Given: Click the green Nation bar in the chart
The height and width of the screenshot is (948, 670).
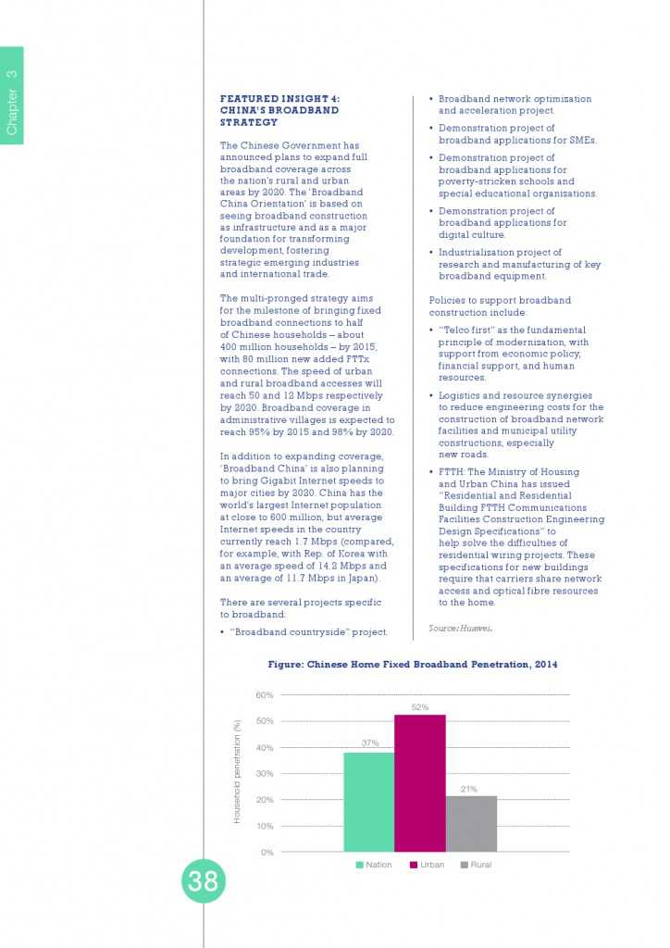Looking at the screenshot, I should click(x=368, y=802).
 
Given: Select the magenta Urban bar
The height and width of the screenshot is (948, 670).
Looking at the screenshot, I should click(x=419, y=782).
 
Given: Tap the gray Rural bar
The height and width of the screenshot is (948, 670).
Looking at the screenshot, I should click(x=471, y=823).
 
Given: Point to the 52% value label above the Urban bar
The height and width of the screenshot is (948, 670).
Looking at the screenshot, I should click(x=419, y=707).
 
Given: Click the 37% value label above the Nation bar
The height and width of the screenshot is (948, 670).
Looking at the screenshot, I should click(x=369, y=743).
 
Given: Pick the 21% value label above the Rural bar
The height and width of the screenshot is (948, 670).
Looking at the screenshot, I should click(x=469, y=789).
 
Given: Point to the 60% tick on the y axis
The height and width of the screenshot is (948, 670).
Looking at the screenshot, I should click(x=265, y=695).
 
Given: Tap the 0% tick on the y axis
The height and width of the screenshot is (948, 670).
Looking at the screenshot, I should click(x=267, y=852).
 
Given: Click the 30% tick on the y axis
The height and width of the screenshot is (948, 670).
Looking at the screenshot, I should click(x=265, y=774).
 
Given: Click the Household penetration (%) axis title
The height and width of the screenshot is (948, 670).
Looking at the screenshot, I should click(x=237, y=772).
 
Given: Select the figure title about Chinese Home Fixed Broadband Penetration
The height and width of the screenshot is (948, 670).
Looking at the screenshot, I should click(x=413, y=665).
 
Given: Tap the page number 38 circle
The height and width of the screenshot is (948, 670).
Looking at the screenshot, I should click(x=203, y=881).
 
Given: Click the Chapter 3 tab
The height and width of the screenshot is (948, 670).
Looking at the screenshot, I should click(x=12, y=96).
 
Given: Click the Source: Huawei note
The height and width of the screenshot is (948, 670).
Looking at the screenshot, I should click(x=461, y=629).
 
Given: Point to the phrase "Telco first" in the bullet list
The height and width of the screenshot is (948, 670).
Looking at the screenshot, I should click(x=465, y=331).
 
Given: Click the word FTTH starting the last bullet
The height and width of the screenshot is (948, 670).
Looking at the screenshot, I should click(x=452, y=472).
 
